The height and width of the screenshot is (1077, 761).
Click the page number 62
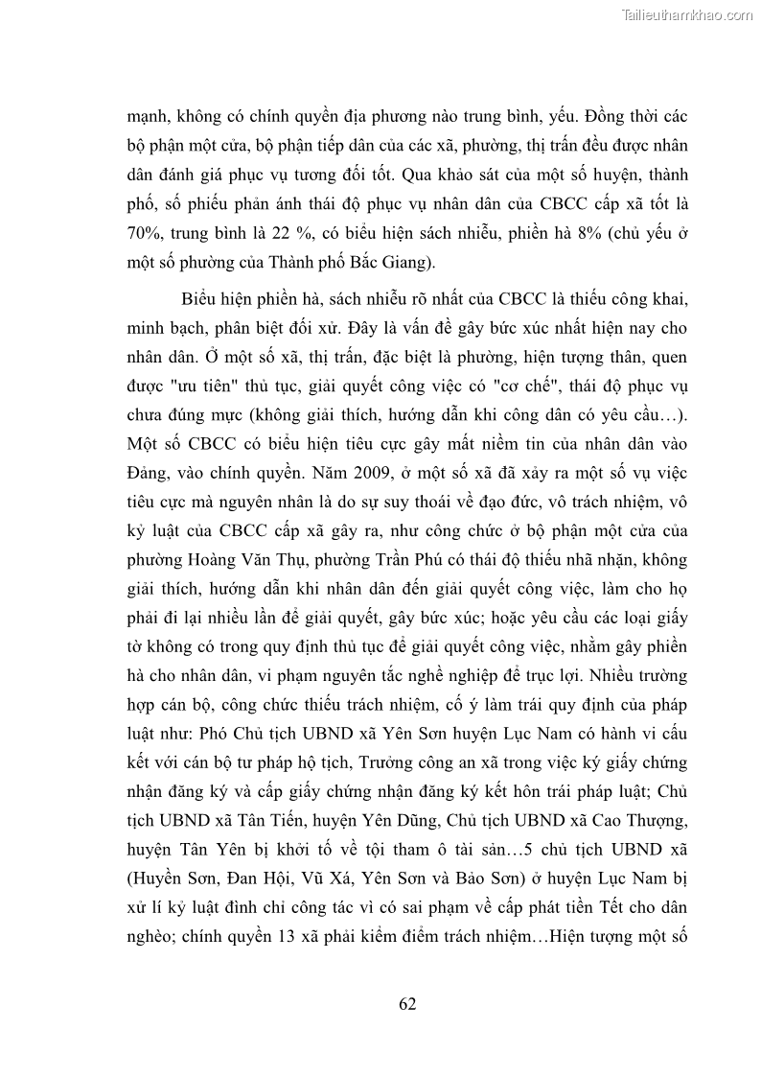click(x=406, y=1004)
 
